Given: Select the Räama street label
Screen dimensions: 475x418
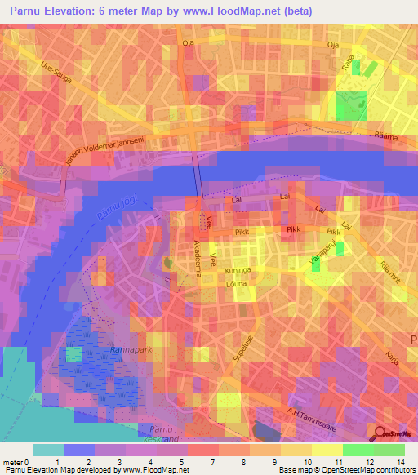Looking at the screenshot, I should coord(386,137).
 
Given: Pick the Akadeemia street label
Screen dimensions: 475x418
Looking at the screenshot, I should coord(197,254).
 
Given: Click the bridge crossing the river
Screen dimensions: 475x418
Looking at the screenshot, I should coord(198,175).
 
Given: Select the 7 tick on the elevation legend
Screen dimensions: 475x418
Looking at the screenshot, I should coord(211,463).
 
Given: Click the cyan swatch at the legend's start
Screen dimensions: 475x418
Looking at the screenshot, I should coord(48,450).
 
